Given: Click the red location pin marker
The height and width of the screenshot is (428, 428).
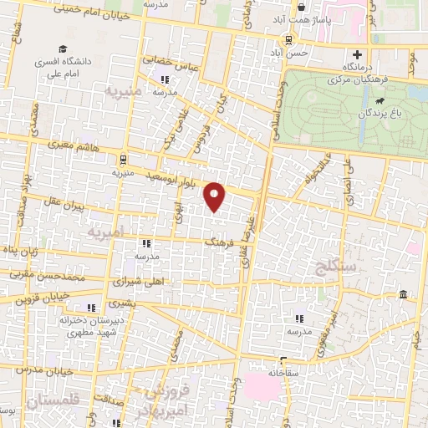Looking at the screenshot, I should [216, 196].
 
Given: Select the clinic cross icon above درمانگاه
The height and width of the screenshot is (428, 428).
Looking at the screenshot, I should [358, 55].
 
